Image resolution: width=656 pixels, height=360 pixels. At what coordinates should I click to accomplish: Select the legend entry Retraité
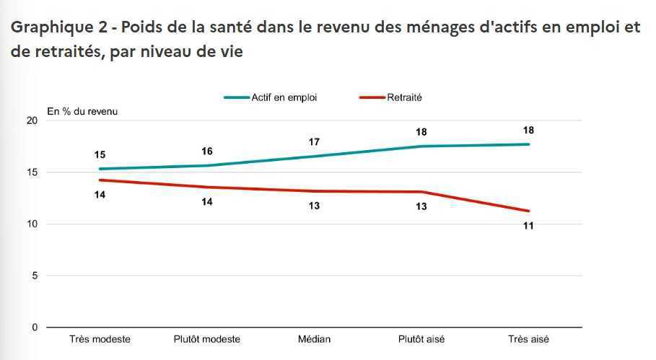click(404, 97)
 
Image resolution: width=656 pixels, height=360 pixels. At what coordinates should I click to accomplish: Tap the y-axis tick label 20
click(31, 120)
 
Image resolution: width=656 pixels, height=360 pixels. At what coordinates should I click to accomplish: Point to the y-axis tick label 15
click(31, 172)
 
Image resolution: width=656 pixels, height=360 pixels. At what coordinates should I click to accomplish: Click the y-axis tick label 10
click(31, 224)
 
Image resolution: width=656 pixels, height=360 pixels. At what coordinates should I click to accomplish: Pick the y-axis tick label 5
click(34, 276)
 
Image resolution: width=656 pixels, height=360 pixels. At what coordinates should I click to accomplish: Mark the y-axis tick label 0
click(34, 328)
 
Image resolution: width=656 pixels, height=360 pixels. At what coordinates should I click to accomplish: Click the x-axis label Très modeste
click(100, 339)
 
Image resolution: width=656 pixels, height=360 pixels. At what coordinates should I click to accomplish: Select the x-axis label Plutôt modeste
click(207, 339)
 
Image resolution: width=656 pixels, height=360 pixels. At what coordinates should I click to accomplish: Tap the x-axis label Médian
click(314, 339)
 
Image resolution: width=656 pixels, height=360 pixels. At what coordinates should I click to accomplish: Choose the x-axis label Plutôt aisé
click(421, 339)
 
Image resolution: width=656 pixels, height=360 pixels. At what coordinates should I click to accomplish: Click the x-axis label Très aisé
click(529, 339)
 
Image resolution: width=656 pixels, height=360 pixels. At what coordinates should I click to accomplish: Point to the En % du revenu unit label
click(82, 111)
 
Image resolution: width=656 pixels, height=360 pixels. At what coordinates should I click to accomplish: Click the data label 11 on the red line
click(529, 226)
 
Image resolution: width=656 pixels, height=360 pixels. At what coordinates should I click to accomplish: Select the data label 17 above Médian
click(314, 142)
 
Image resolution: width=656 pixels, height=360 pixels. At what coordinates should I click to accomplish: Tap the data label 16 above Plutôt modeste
click(207, 151)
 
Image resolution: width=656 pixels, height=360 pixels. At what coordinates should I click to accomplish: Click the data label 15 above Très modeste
click(100, 154)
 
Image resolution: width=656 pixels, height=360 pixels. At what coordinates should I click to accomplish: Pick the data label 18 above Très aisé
click(529, 131)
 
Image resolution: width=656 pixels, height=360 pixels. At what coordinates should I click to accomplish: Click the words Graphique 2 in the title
click(58, 27)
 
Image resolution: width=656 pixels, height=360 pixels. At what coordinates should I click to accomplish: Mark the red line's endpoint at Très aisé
click(529, 211)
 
